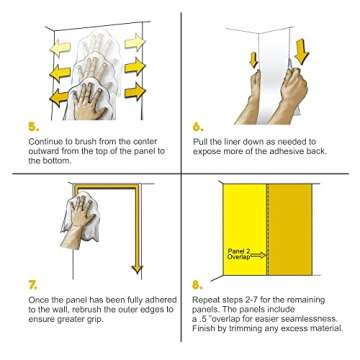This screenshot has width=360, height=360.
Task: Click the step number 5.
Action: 34,127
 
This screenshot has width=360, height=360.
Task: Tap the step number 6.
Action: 198,127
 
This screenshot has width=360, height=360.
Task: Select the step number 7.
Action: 33,285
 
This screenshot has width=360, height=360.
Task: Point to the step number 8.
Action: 198,285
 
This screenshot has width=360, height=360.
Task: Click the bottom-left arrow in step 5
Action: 60,98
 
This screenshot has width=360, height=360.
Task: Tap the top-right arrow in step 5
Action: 135,42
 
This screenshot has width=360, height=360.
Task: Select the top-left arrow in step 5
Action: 60,49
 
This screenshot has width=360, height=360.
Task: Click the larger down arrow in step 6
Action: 302,52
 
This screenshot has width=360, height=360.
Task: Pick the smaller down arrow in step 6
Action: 254,60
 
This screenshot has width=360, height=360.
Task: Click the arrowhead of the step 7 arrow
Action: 137,269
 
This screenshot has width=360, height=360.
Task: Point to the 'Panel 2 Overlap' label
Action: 238,254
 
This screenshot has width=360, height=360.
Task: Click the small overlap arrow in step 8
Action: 258,255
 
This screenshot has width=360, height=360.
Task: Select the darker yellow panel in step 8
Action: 290,230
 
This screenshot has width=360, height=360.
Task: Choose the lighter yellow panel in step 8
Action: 245,230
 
